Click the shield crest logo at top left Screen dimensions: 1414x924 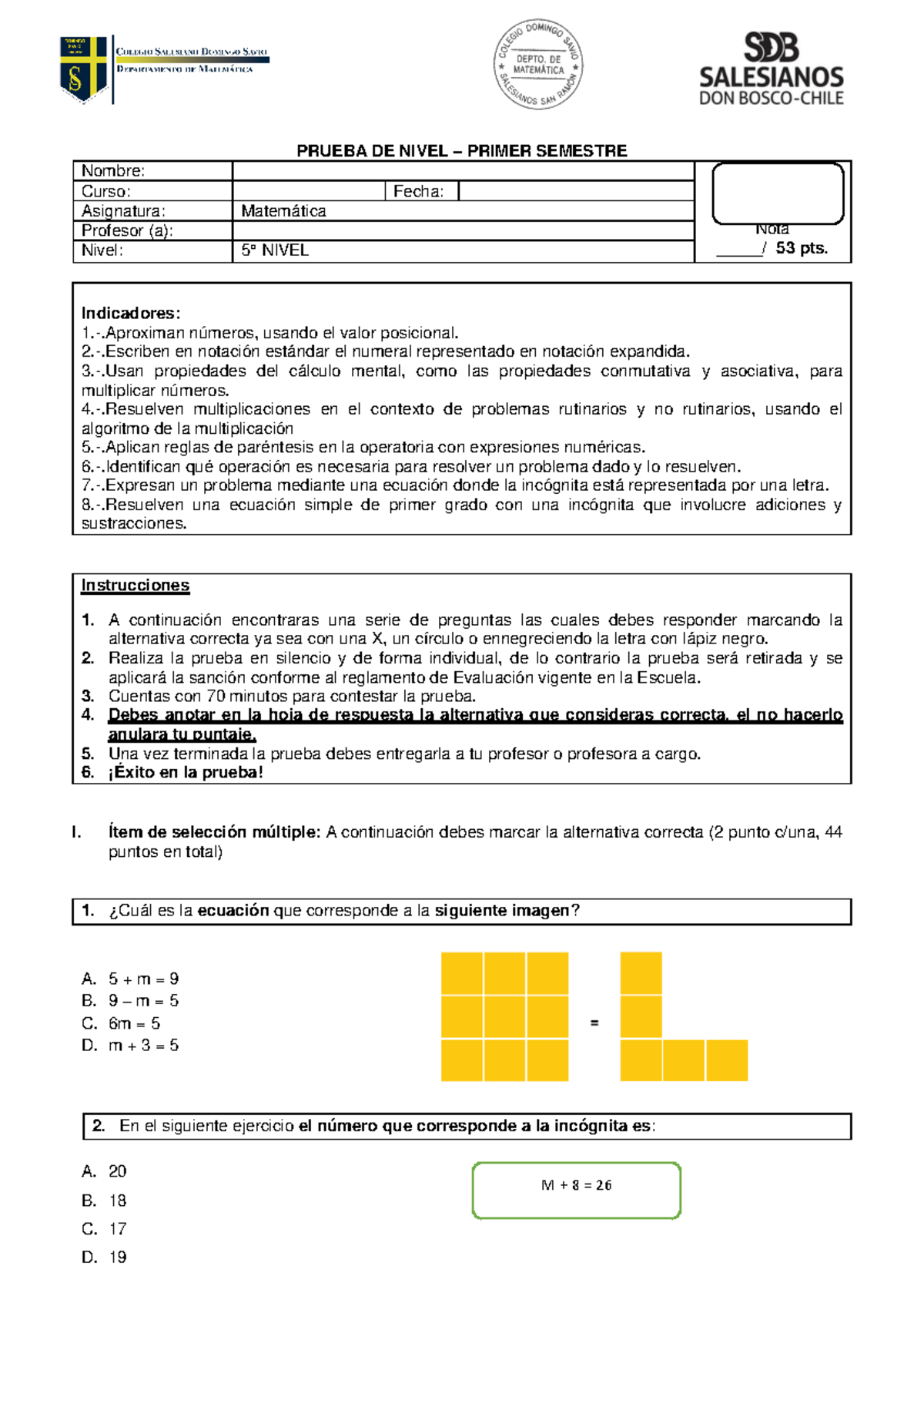click(83, 69)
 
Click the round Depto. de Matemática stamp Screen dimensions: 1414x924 click(538, 64)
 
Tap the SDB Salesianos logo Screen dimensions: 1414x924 click(771, 69)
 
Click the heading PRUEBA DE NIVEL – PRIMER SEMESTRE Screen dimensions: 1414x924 click(462, 151)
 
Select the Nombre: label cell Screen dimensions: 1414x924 click(113, 171)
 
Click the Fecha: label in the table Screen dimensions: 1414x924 click(418, 191)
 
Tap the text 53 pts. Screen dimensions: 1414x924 click(802, 248)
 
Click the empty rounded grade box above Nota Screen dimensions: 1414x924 click(778, 193)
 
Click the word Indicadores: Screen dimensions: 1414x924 click(131, 313)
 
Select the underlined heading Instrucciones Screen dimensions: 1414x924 click(136, 586)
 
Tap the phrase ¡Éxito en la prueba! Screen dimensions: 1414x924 click(186, 773)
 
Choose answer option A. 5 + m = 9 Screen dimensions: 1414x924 click(131, 979)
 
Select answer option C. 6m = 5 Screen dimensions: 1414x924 click(122, 1023)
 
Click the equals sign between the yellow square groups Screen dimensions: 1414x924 click(594, 1023)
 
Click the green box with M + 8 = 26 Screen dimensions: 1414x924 click(576, 1191)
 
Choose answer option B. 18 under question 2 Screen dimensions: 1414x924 click(105, 1201)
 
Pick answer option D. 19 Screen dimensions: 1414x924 click(105, 1258)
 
